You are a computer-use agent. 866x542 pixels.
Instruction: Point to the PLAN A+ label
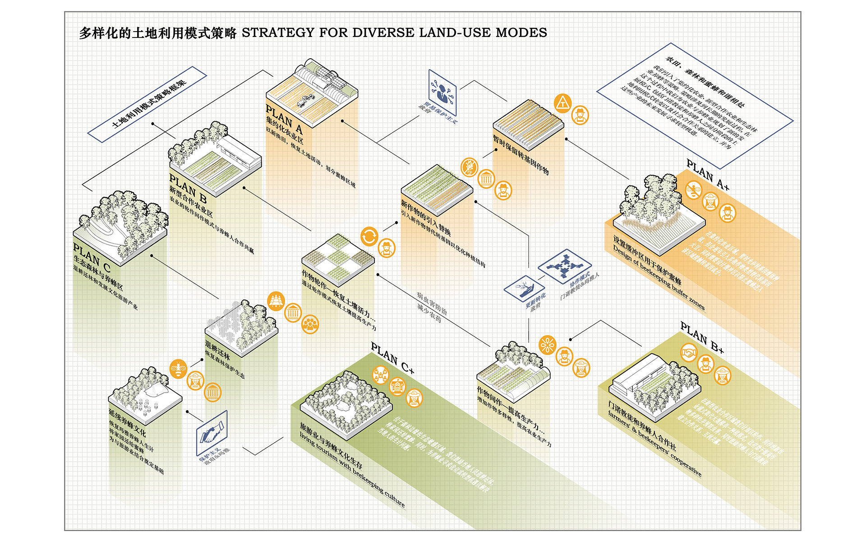(707, 174)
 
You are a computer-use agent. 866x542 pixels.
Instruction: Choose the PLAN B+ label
(702, 337)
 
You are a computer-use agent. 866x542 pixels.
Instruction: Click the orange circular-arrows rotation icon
(369, 236)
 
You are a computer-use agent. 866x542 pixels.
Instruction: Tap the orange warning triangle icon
(562, 103)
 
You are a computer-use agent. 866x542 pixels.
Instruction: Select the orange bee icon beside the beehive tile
(179, 369)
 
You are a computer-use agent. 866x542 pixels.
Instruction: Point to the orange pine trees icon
(276, 301)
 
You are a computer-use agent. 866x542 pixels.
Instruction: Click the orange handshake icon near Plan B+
(689, 353)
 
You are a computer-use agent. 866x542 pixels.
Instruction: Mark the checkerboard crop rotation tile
(338, 259)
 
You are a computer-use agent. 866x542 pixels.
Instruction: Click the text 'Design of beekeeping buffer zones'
(658, 278)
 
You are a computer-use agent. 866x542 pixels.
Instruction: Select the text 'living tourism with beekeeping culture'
(352, 470)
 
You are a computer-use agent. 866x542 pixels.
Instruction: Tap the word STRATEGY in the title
(278, 33)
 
